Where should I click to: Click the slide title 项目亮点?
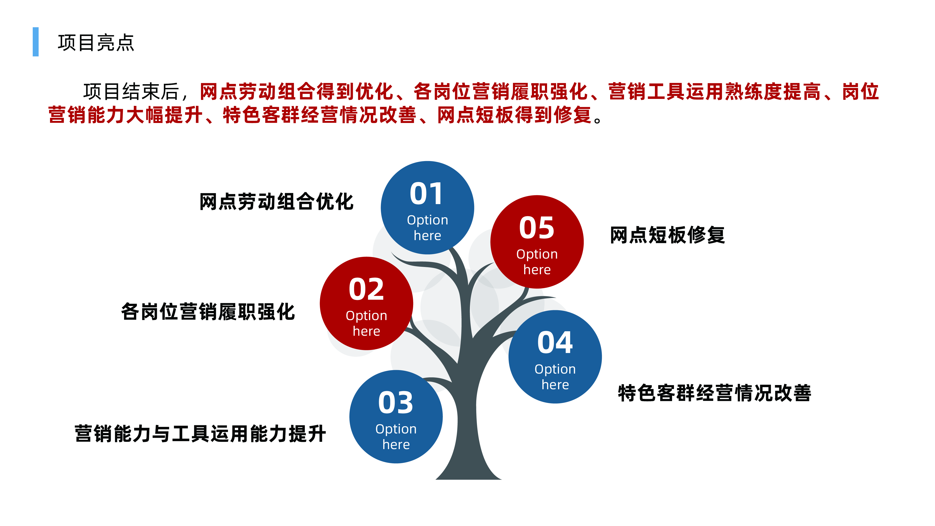click(x=96, y=43)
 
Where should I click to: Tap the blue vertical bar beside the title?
click(x=36, y=42)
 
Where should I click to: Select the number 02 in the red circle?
click(x=366, y=289)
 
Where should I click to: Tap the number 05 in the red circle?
click(x=537, y=228)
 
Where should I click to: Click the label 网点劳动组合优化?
click(x=276, y=202)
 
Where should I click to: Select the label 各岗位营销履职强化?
click(x=208, y=311)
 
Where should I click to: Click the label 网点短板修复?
click(x=667, y=235)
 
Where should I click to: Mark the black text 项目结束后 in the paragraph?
click(x=131, y=91)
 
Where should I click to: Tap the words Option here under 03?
click(x=396, y=437)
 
